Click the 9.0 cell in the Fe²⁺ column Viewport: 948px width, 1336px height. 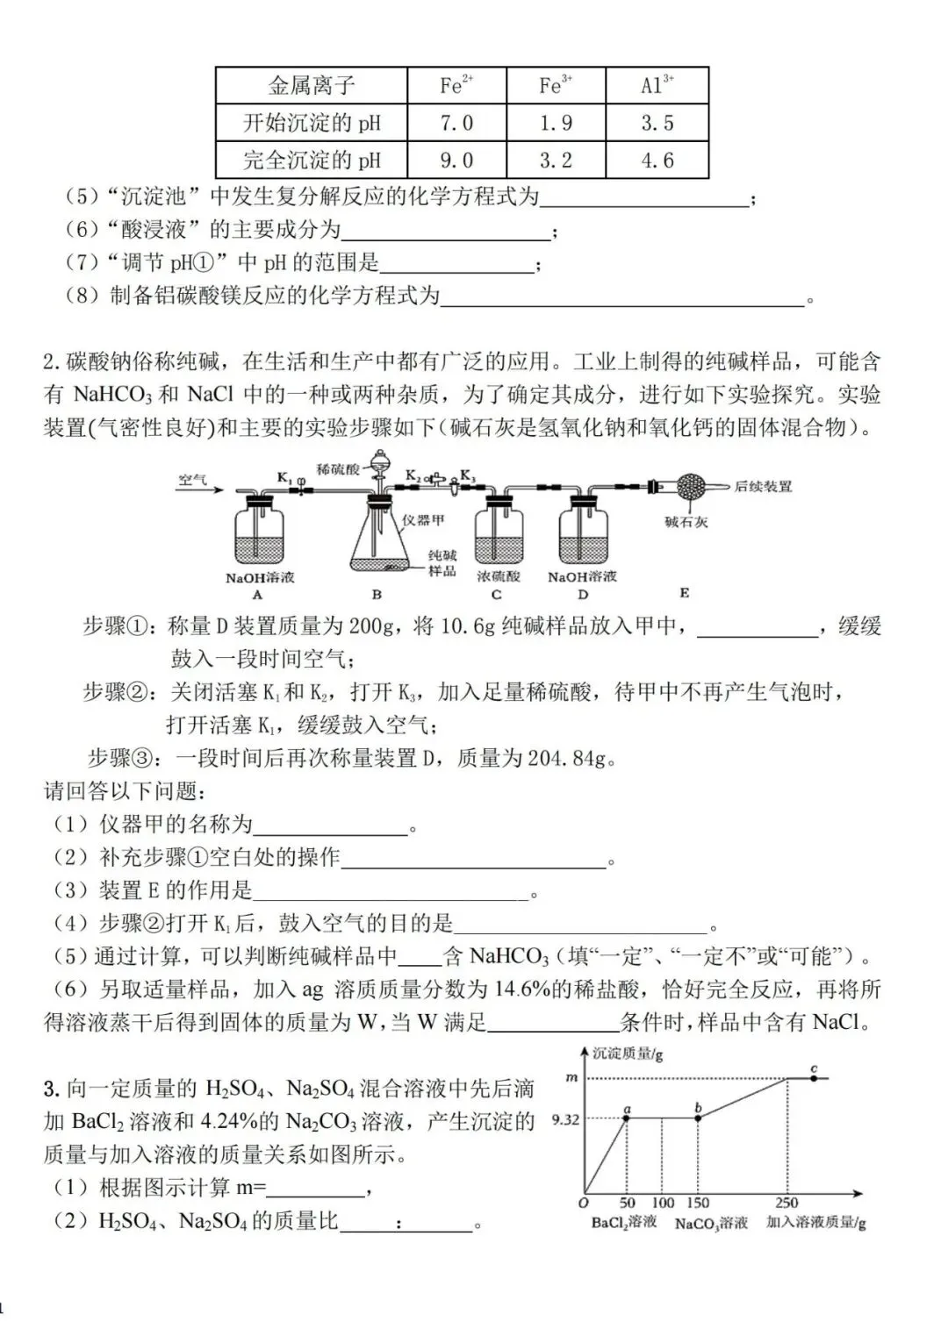click(x=456, y=161)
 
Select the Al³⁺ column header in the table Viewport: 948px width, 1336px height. click(x=657, y=85)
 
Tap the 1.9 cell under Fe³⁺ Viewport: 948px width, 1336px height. click(x=556, y=123)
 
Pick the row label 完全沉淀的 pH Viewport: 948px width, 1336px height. click(x=312, y=161)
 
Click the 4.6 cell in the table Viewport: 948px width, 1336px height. click(x=657, y=161)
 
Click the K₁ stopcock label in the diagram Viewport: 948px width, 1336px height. click(x=284, y=477)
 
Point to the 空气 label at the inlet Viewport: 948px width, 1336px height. click(x=192, y=479)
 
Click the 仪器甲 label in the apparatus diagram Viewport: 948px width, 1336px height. click(x=423, y=519)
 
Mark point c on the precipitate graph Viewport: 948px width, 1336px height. click(x=814, y=1077)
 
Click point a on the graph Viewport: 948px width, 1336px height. click(x=627, y=1118)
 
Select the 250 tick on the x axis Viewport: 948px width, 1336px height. click(x=786, y=1203)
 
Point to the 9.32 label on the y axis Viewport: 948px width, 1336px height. click(x=566, y=1119)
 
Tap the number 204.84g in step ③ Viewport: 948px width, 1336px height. click(x=566, y=758)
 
